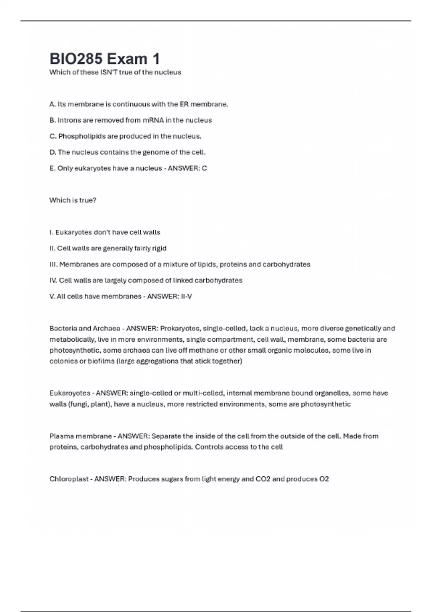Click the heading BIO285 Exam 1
coord(104,59)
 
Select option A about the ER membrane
coord(139,104)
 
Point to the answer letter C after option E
coord(204,168)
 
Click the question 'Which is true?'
coord(73,200)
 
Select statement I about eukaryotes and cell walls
coord(104,233)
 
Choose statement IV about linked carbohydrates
coord(146,280)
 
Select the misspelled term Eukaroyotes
coord(70,393)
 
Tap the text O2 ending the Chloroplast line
coord(324,479)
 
